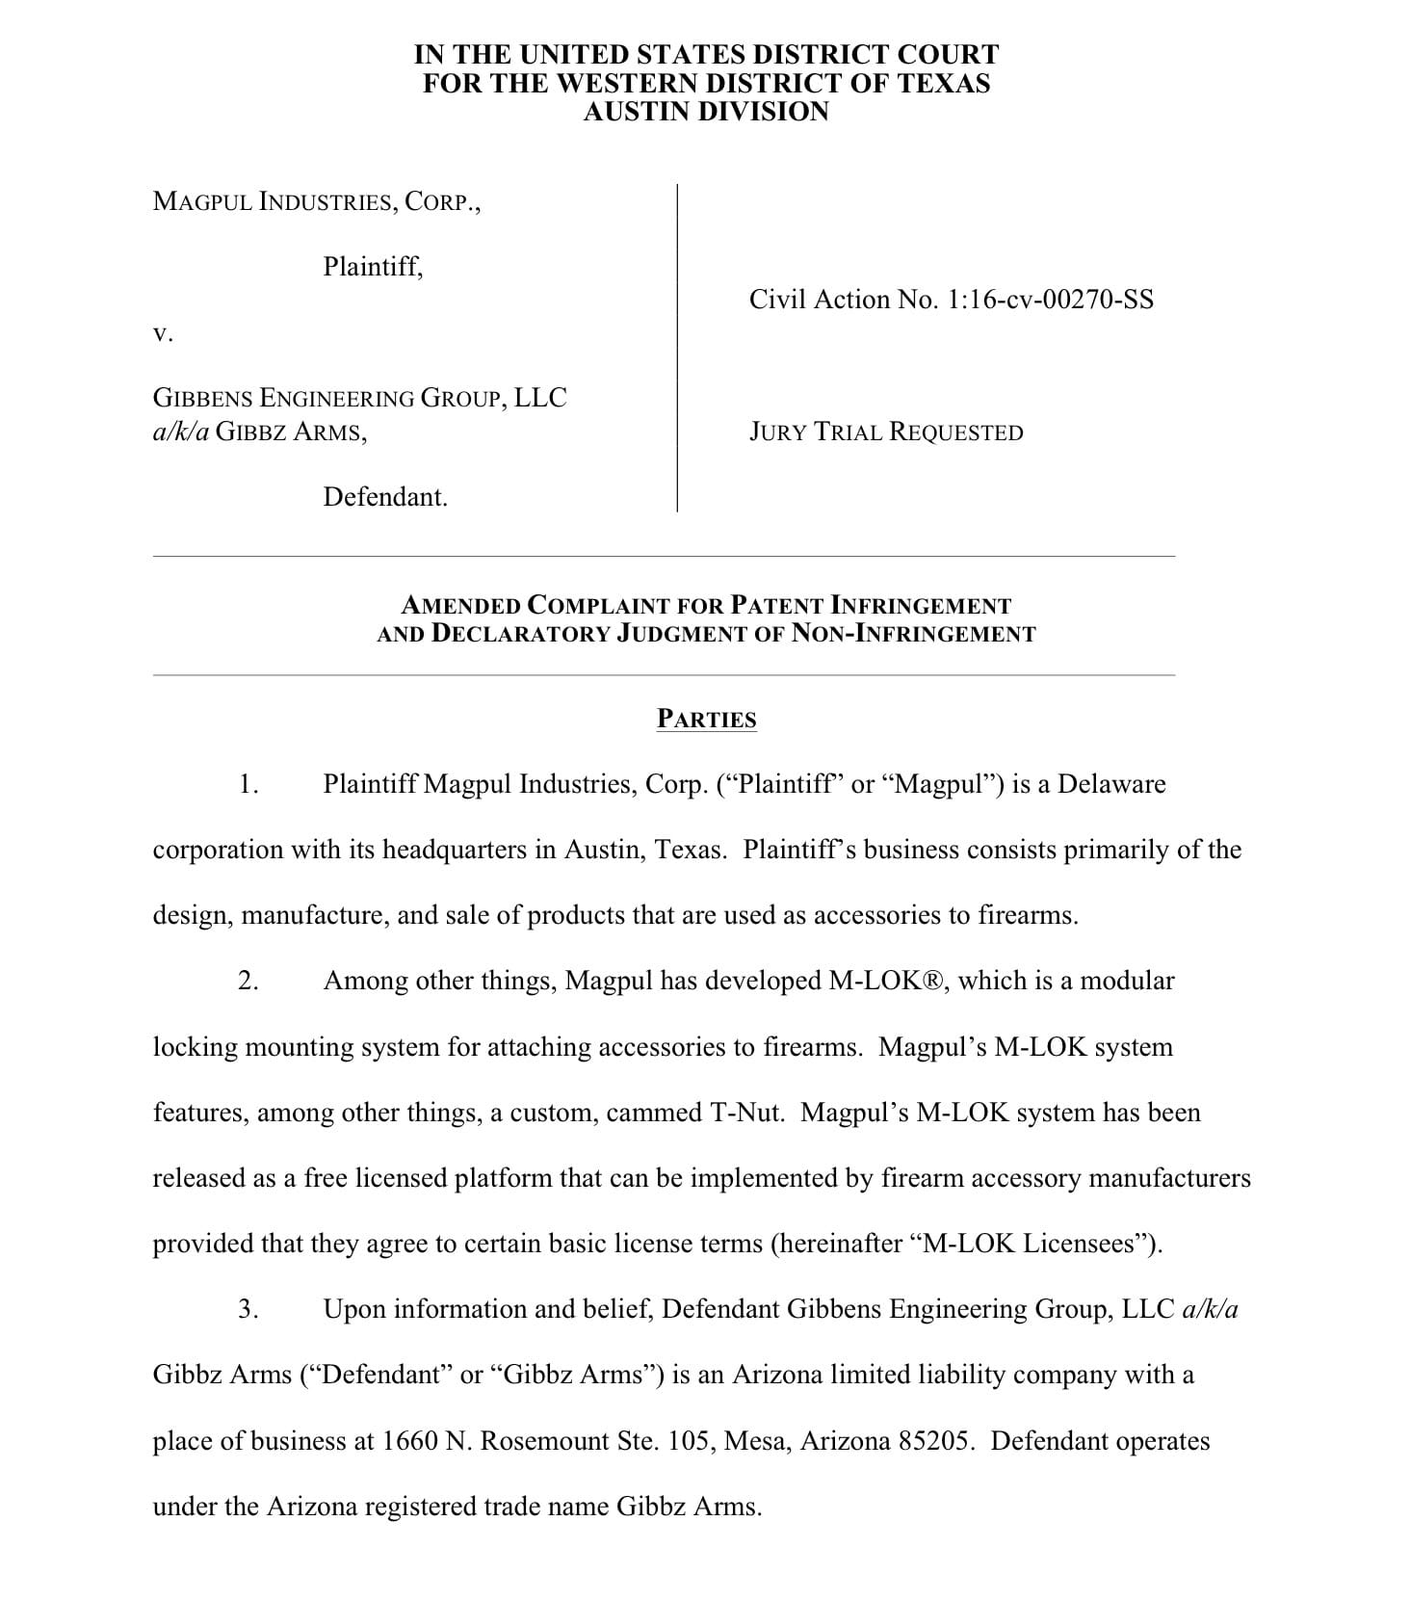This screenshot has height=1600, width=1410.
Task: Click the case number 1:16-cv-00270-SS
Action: (1050, 300)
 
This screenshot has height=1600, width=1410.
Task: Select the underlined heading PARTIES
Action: (706, 720)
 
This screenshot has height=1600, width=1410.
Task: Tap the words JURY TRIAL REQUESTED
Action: (886, 432)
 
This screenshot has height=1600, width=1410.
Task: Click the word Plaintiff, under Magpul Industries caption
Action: (373, 266)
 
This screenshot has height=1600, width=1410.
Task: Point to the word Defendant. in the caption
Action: (385, 497)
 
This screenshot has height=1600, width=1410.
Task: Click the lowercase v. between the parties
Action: (163, 333)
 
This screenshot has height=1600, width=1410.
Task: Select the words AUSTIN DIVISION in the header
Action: (706, 112)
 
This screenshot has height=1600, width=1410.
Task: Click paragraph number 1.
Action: (248, 784)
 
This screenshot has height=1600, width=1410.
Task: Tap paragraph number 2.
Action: (248, 981)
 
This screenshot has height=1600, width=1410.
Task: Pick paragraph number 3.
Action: (248, 1309)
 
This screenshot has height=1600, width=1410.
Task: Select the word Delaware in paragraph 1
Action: (1111, 784)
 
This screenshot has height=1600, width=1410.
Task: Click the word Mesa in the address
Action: (757, 1441)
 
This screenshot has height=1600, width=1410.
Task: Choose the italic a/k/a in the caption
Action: (180, 432)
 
